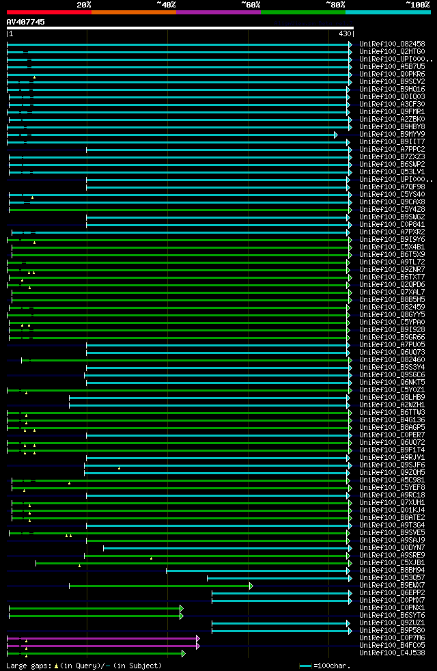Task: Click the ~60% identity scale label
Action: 251,4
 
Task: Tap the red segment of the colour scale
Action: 48,12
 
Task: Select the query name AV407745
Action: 26,22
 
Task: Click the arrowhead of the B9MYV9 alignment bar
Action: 336,135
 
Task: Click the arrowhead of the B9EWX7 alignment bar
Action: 251,586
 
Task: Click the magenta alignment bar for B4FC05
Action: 102,646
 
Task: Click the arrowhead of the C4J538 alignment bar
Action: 184,653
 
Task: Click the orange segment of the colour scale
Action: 133,12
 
